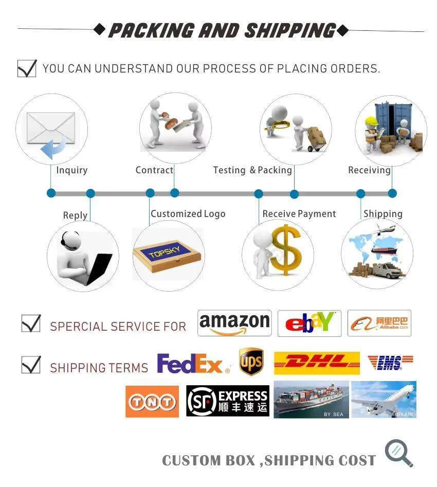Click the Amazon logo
[234, 323]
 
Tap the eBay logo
[309, 323]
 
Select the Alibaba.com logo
[379, 323]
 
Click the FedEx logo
[193, 364]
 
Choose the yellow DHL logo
[317, 363]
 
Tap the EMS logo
[390, 363]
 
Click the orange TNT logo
[152, 402]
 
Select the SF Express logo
[228, 401]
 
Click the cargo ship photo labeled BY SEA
[311, 400]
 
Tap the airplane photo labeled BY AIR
[384, 400]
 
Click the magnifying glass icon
[399, 453]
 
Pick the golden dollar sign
[286, 250]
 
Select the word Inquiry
[72, 170]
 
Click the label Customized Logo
[188, 214]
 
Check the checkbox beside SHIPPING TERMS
[31, 365]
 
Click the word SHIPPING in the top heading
[290, 30]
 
